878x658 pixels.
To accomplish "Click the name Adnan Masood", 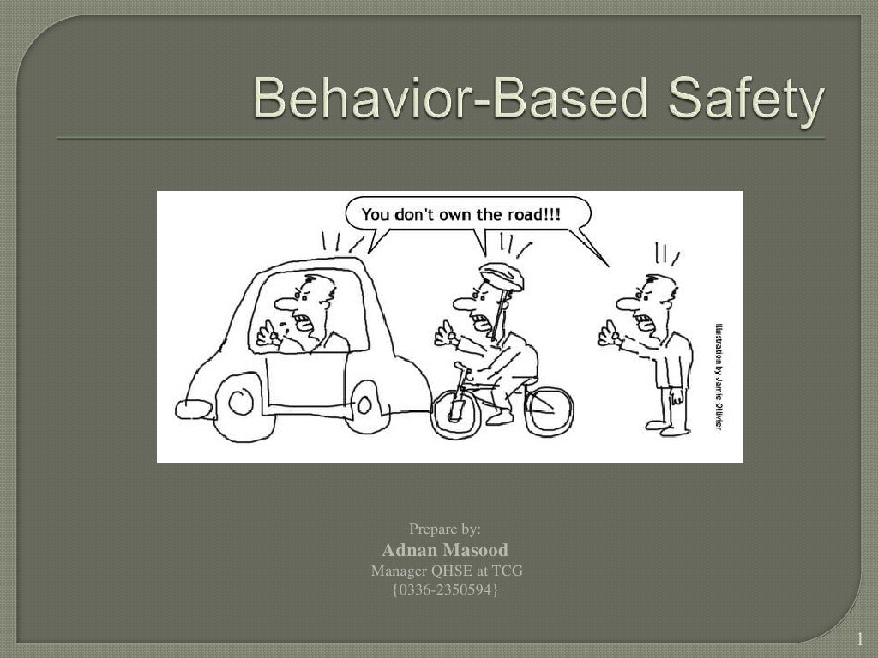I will [444, 550].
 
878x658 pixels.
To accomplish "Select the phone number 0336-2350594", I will [444, 590].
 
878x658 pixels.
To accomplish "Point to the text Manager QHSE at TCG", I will [447, 571].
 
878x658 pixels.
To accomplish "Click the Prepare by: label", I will [444, 529].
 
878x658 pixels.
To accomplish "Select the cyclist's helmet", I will [502, 276].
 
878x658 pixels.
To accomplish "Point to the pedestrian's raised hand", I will [609, 333].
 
